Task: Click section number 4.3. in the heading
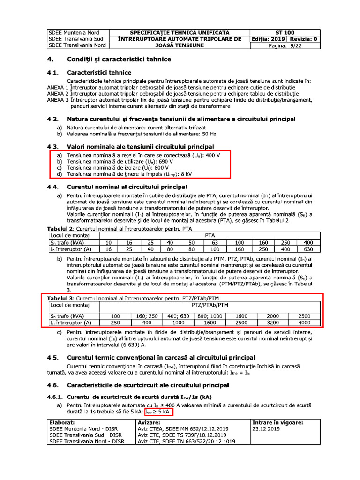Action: click(x=54, y=147)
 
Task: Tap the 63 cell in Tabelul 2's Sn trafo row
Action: click(x=215, y=242)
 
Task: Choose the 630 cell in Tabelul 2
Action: click(x=308, y=249)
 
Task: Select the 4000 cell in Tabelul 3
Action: click(x=305, y=322)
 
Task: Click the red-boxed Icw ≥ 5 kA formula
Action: click(x=158, y=412)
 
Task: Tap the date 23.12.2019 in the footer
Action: click(x=266, y=428)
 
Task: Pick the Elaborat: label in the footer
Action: click(x=62, y=422)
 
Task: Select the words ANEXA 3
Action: click(x=58, y=100)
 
